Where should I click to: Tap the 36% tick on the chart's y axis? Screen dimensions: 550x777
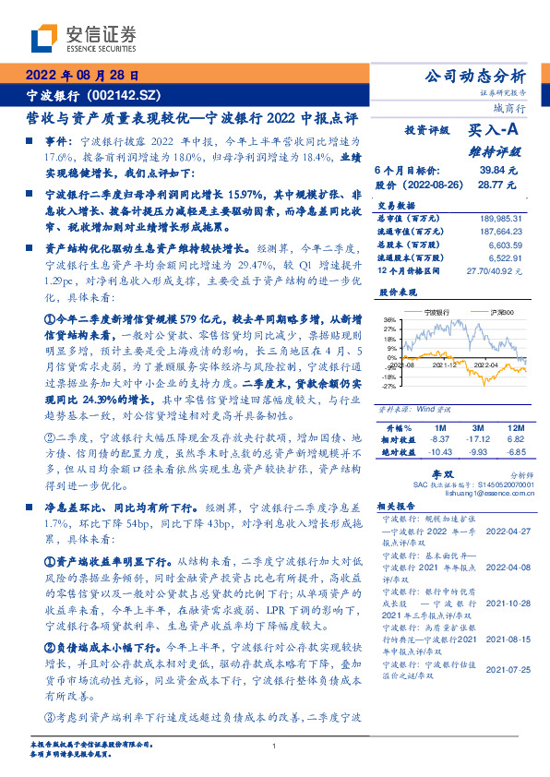pyautogui.click(x=389, y=318)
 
